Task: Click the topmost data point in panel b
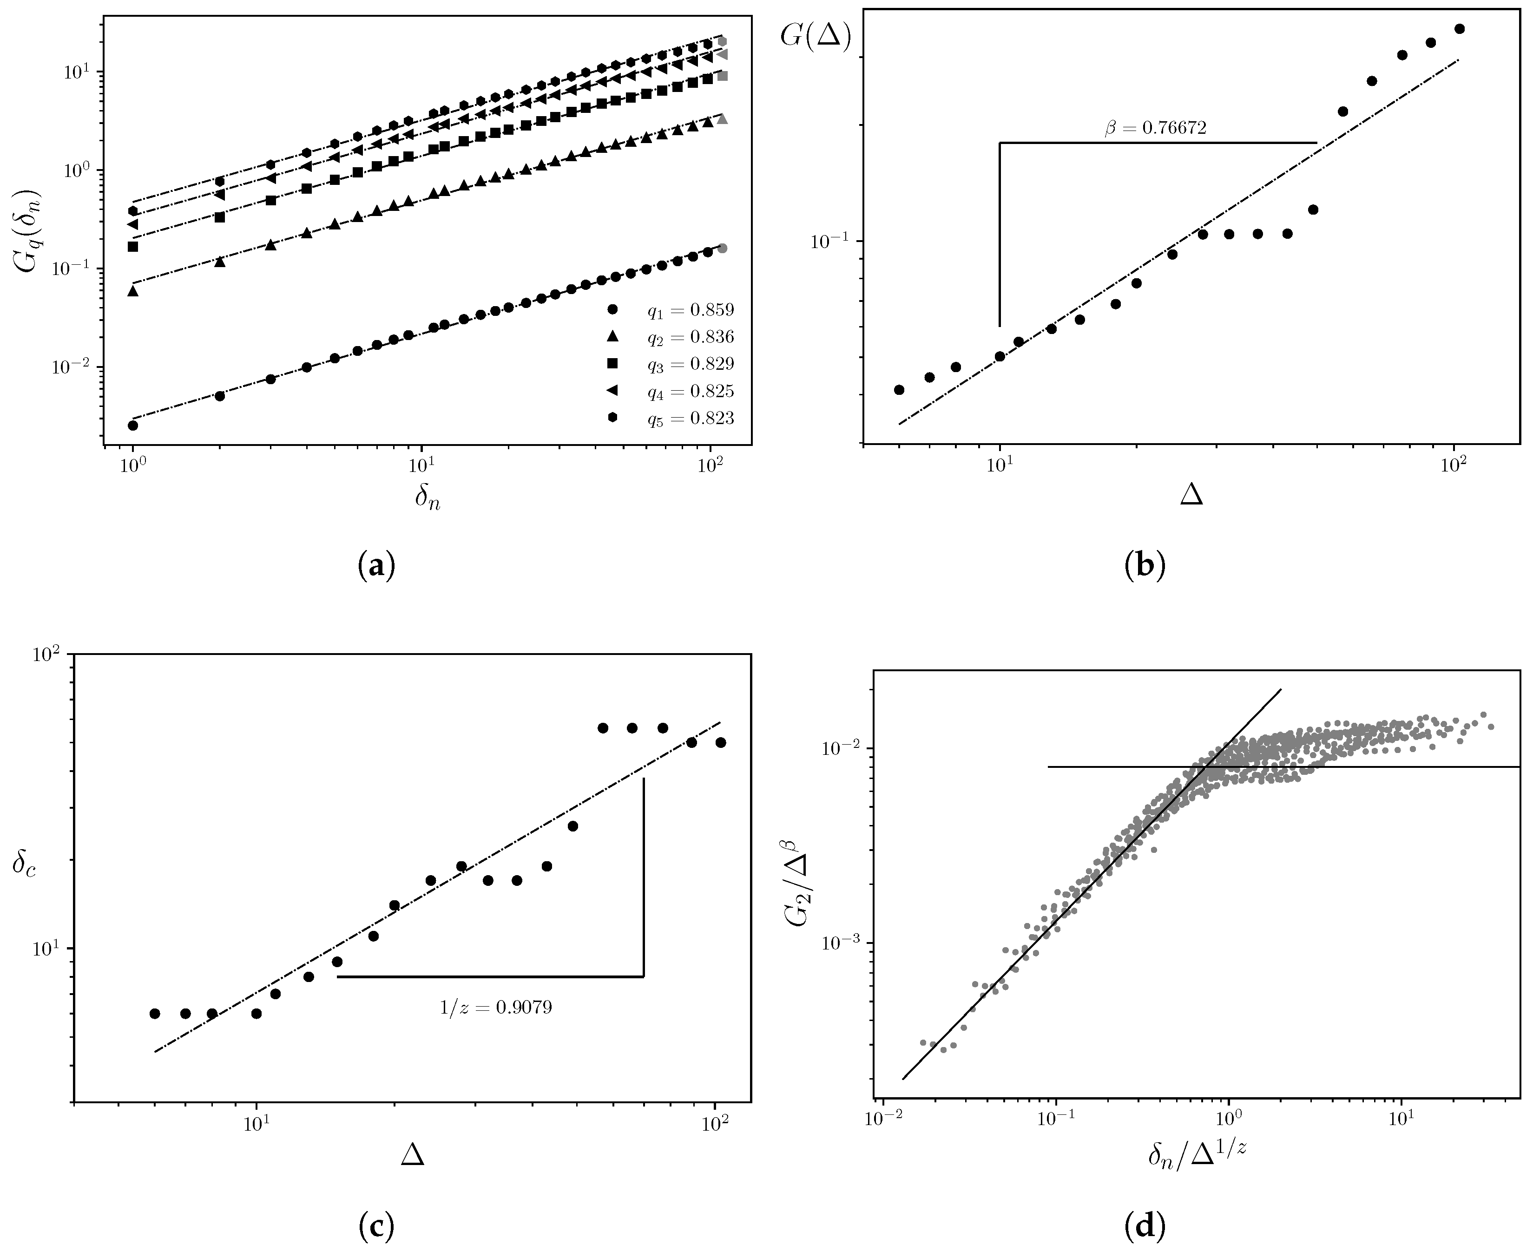click(x=1459, y=29)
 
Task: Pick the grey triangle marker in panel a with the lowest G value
click(x=722, y=119)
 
